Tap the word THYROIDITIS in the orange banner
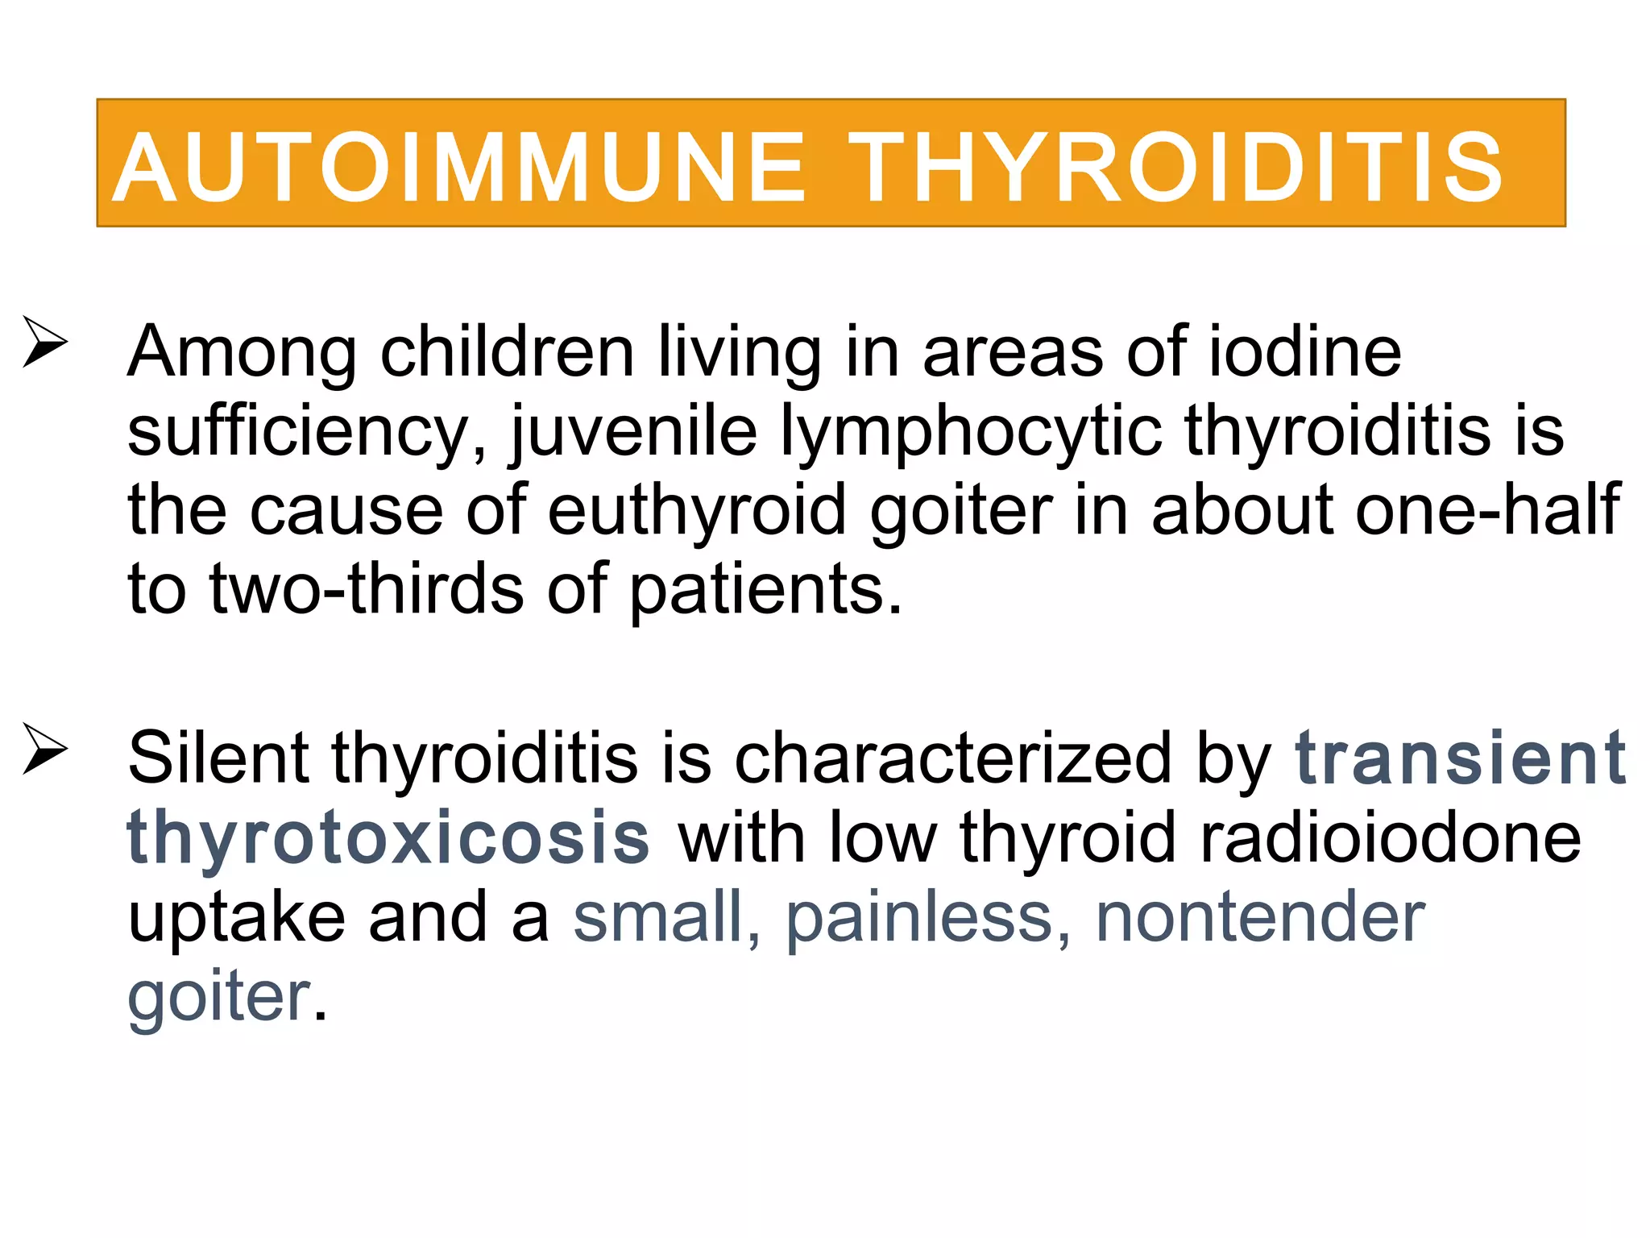point(1175,168)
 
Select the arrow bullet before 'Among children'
point(44,342)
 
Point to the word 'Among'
point(242,352)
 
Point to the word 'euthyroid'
point(697,510)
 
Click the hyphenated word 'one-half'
point(1487,510)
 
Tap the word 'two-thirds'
point(367,589)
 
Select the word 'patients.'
point(765,589)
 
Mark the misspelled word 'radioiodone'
point(1391,837)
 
